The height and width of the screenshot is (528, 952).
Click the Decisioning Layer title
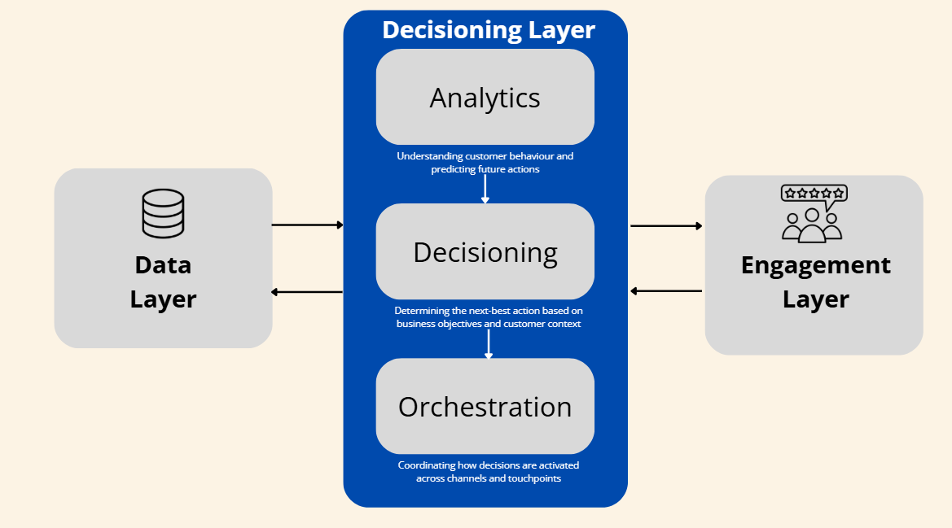(x=489, y=30)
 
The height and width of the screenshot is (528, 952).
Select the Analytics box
(x=485, y=98)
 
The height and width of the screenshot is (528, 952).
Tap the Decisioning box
(x=485, y=252)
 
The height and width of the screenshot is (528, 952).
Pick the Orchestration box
(x=485, y=407)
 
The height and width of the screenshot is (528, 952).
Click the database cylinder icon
(x=163, y=213)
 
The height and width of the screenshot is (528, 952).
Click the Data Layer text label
(x=163, y=281)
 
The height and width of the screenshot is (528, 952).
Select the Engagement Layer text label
(x=815, y=282)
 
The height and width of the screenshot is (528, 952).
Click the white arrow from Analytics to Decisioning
(x=485, y=189)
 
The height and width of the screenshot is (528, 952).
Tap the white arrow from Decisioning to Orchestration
(x=489, y=343)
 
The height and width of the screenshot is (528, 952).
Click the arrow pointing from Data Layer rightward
(x=307, y=225)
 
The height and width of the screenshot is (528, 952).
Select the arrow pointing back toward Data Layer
(x=307, y=292)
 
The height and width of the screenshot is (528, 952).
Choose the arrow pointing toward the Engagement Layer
(x=666, y=226)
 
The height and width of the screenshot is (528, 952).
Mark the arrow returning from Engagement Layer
(x=666, y=290)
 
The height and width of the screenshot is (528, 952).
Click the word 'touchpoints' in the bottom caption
(x=529, y=479)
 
